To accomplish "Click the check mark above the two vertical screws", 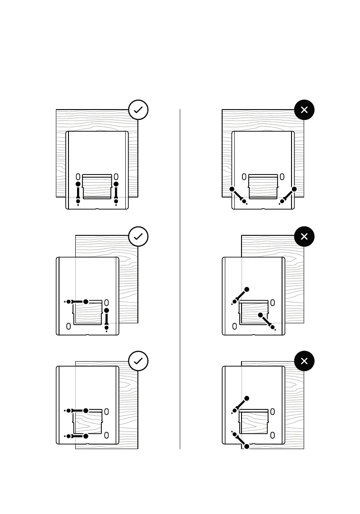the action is coord(138,110).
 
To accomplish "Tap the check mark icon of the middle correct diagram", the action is coord(138,236).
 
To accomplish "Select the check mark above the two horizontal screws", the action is coord(138,361).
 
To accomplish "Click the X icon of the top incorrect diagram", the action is coord(304,110).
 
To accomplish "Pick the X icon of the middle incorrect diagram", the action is coord(304,236).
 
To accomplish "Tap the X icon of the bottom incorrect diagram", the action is coord(304,361).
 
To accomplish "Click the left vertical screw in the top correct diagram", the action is coord(78,193).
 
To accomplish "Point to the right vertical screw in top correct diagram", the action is coord(116,193).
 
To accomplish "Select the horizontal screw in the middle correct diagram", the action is coord(77,302).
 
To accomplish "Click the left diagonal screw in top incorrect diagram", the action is coord(238,195).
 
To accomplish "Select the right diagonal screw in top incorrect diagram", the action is coord(288,195).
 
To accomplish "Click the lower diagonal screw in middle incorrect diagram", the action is coord(267,321).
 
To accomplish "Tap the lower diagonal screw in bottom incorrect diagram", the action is coord(241,440).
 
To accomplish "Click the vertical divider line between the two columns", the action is coord(180,280).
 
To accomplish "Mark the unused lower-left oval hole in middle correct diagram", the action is coord(68,326).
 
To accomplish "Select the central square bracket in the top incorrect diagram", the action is coord(263,186).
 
